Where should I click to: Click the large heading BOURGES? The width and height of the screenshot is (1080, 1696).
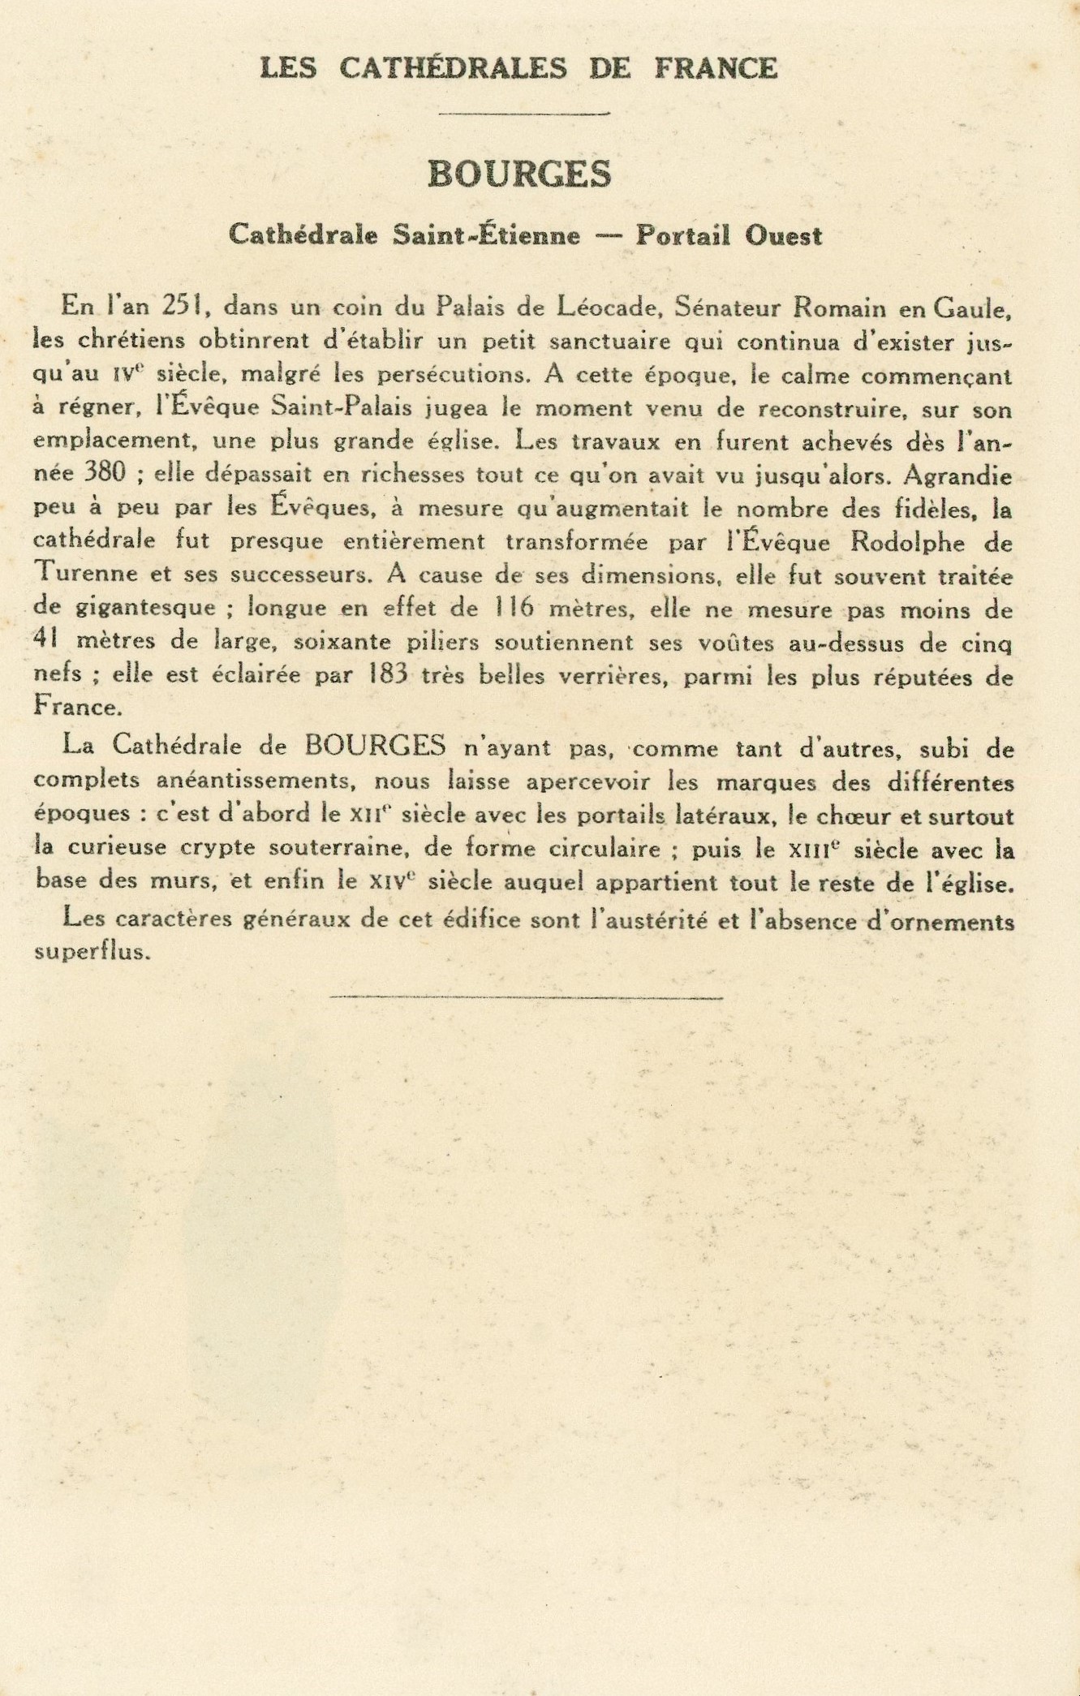(x=519, y=173)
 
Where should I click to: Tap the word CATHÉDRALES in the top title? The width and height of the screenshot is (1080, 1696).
(x=453, y=68)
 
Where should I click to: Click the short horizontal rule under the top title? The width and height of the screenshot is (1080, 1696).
(x=523, y=114)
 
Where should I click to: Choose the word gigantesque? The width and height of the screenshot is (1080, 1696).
(x=136, y=609)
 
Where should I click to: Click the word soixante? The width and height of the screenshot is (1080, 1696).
(x=342, y=642)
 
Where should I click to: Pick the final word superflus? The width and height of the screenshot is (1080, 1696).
(x=93, y=952)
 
